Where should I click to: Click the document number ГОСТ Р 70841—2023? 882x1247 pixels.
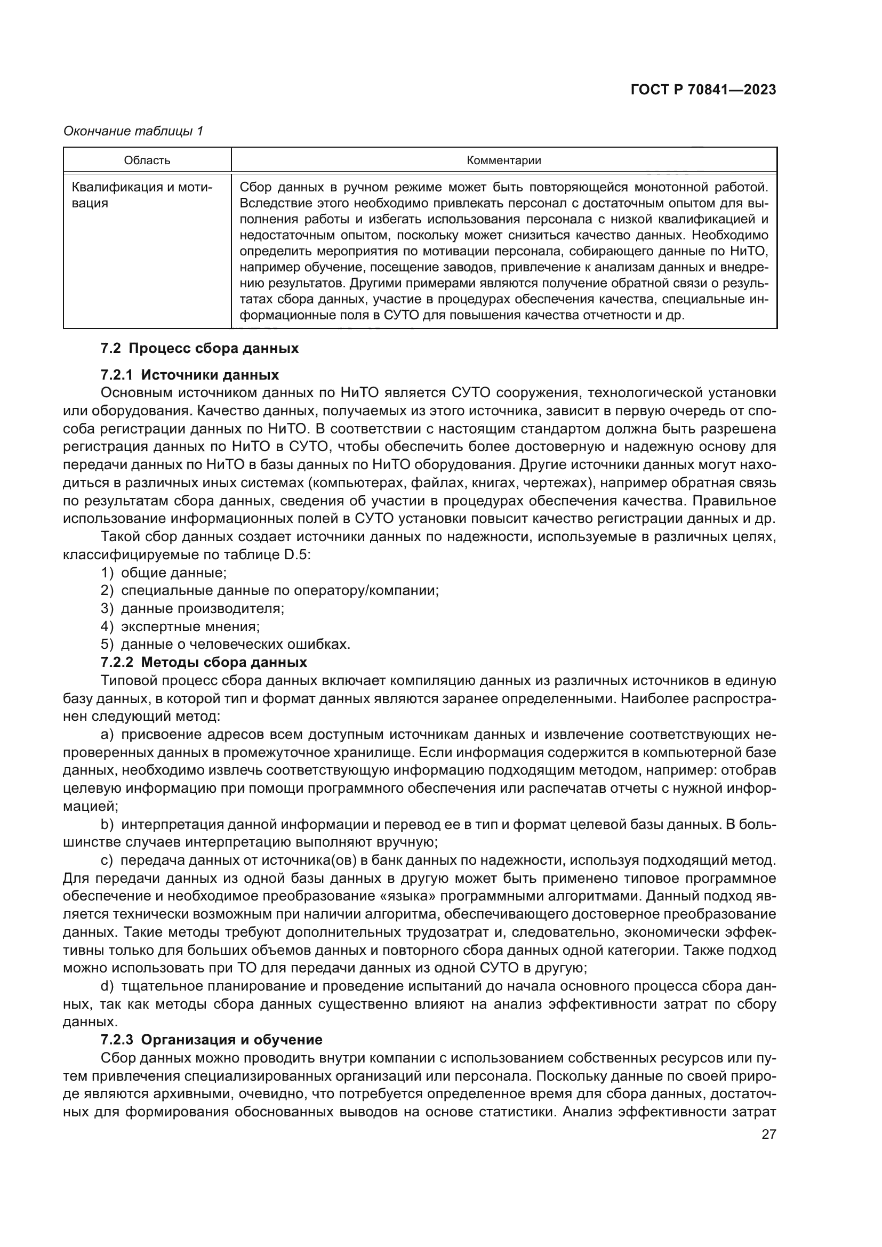tap(703, 90)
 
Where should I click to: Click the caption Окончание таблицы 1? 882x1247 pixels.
tap(133, 131)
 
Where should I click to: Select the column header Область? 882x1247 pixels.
tap(147, 160)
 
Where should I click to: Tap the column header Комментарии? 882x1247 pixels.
tap(504, 160)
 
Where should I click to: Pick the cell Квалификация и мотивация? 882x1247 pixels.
tap(142, 196)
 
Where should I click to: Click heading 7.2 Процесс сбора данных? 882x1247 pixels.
tap(199, 348)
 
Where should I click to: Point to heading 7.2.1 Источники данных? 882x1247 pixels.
tap(189, 375)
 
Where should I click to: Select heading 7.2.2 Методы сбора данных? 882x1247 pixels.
tap(204, 662)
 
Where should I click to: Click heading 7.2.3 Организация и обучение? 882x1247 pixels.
tap(211, 1040)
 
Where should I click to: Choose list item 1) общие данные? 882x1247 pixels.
tap(164, 573)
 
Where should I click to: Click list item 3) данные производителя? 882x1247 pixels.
tap(193, 608)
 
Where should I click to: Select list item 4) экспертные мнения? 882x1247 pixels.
tap(180, 626)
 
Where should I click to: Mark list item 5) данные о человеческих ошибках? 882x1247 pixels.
tap(226, 644)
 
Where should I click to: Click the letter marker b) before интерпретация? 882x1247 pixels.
tap(107, 824)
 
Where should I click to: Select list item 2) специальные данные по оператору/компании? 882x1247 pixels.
tap(269, 590)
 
